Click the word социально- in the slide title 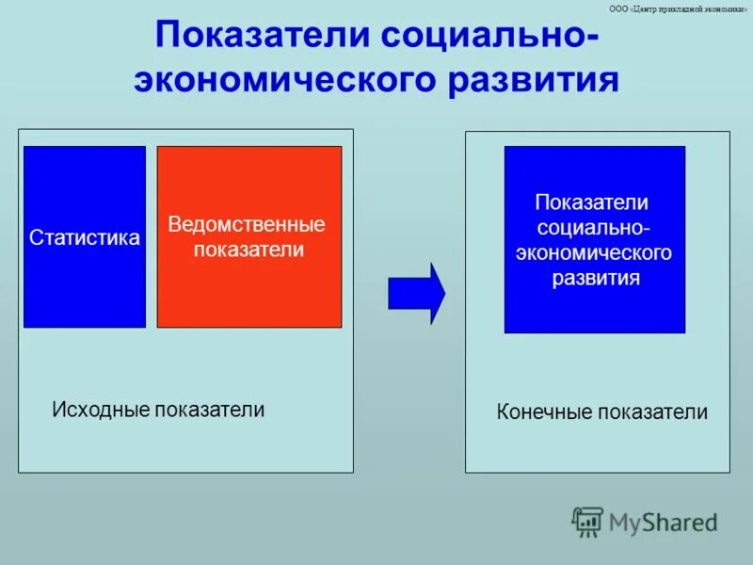pyautogui.click(x=488, y=38)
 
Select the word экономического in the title pyautogui.click(x=288, y=80)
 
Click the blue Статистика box pyautogui.click(x=85, y=282)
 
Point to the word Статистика pyautogui.click(x=85, y=238)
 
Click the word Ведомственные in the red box pyautogui.click(x=247, y=225)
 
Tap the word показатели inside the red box pyautogui.click(x=248, y=250)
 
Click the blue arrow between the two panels pyautogui.click(x=415, y=294)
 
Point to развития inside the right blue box pyautogui.click(x=596, y=278)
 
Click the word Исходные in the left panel pyautogui.click(x=101, y=410)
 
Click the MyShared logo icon pyautogui.click(x=587, y=521)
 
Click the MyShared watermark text pyautogui.click(x=663, y=522)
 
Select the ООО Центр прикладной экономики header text pyautogui.click(x=678, y=8)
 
